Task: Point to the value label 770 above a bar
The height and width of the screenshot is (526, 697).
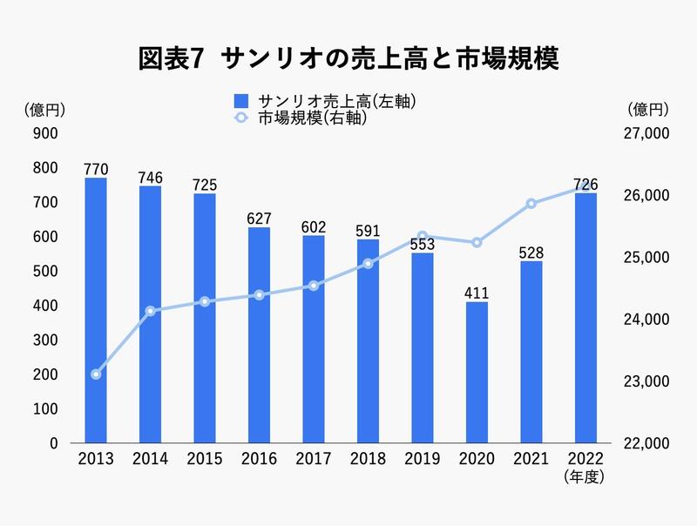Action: pyautogui.click(x=96, y=168)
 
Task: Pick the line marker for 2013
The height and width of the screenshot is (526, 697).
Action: pyautogui.click(x=96, y=374)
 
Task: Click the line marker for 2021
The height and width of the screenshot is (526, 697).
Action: pyautogui.click(x=531, y=204)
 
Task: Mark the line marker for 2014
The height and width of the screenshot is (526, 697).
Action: pyautogui.click(x=150, y=311)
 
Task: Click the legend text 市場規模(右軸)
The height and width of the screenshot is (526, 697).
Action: pyautogui.click(x=311, y=119)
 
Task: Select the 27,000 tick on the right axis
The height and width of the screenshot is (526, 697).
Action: pyautogui.click(x=646, y=133)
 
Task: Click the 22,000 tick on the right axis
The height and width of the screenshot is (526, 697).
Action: pyautogui.click(x=646, y=443)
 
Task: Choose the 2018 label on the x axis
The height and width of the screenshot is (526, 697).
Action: pyautogui.click(x=368, y=459)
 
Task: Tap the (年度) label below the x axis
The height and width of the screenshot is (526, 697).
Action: pyautogui.click(x=585, y=476)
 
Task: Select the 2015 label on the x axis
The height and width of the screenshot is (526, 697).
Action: pyautogui.click(x=205, y=459)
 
